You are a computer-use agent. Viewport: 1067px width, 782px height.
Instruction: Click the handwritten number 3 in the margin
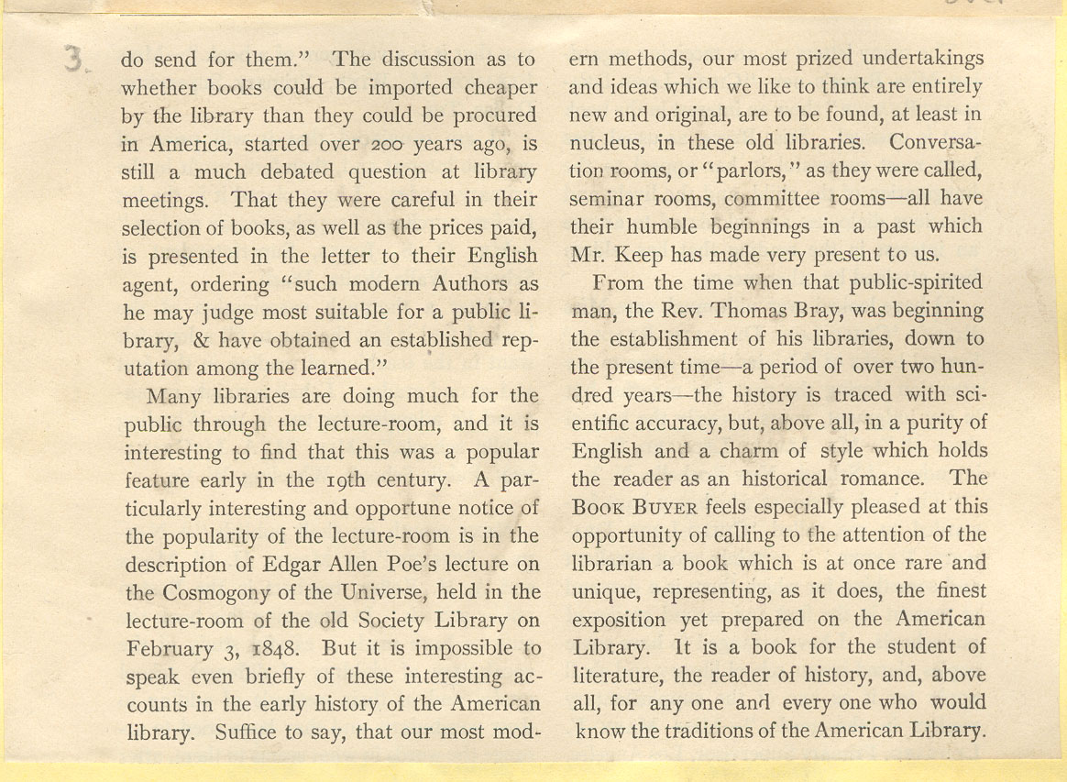[74, 61]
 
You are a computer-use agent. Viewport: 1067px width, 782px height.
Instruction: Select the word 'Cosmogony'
[213, 591]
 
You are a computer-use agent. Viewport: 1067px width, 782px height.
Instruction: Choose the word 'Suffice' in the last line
[249, 732]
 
